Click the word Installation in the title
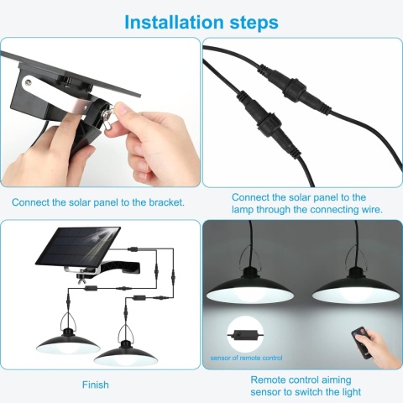pyautogui.click(x=174, y=22)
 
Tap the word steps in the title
pyautogui.click(x=254, y=24)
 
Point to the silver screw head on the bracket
pyautogui.click(x=28, y=82)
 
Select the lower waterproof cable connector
pyautogui.click(x=268, y=123)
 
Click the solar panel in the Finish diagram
pyautogui.click(x=78, y=246)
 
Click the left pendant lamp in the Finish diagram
pyautogui.click(x=68, y=337)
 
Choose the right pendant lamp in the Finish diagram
pyautogui.click(x=125, y=349)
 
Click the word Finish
pyautogui.click(x=96, y=385)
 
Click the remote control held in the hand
pyautogui.click(x=363, y=343)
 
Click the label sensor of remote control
pyautogui.click(x=246, y=358)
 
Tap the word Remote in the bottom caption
pyautogui.click(x=268, y=379)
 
